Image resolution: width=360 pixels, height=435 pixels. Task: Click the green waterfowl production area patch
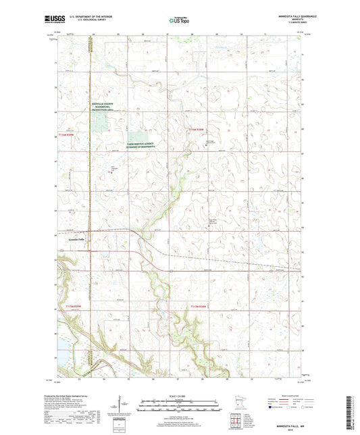pyautogui.click(x=100, y=122)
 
